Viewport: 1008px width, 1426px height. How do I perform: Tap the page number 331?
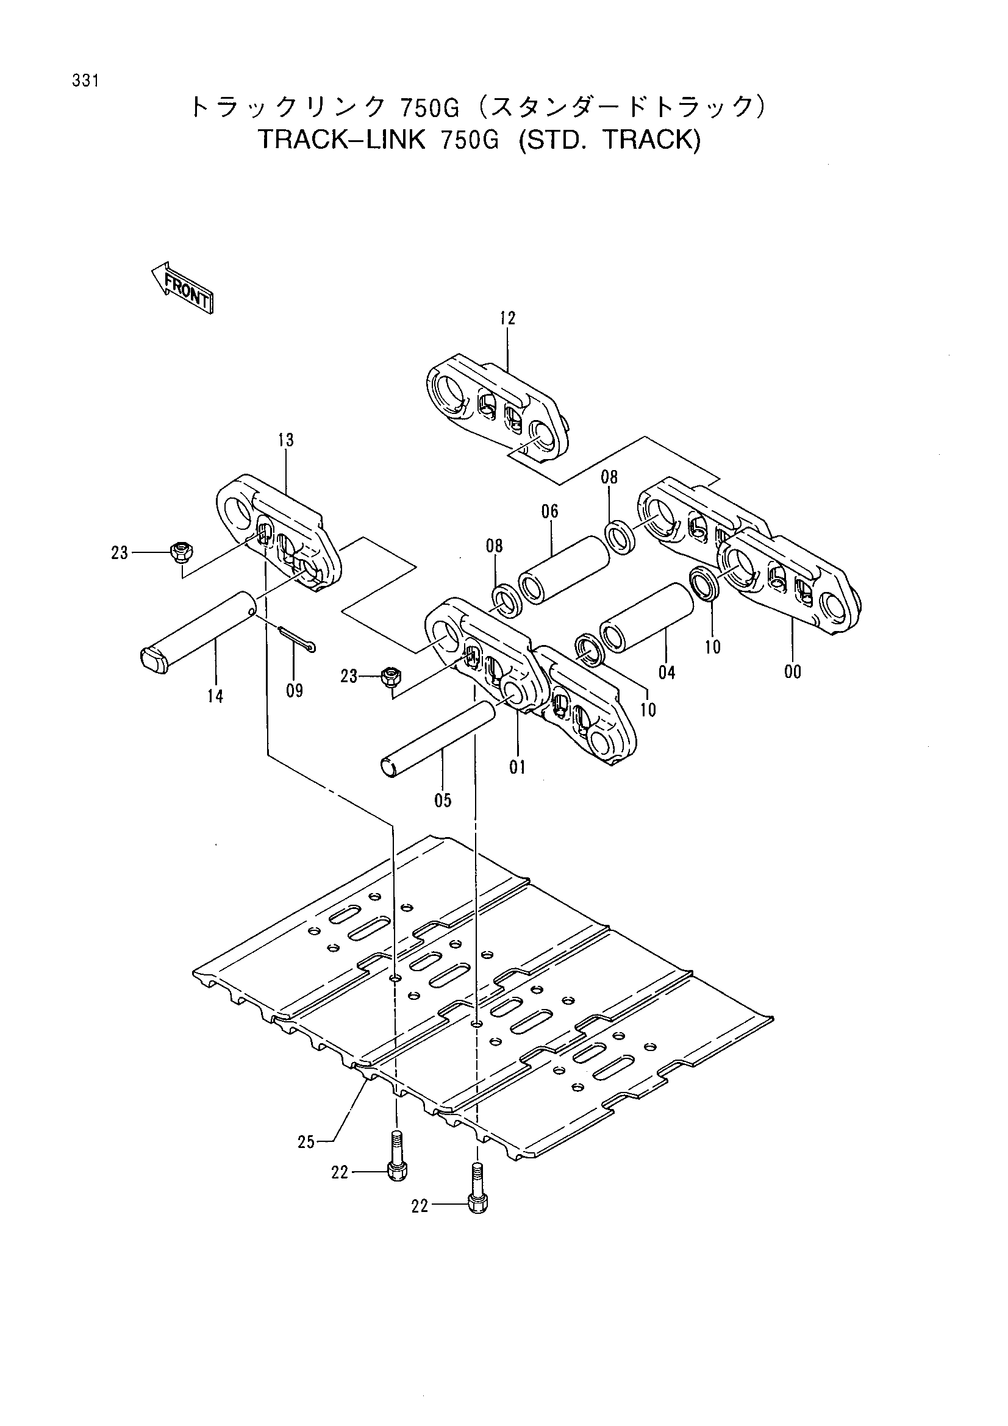click(86, 81)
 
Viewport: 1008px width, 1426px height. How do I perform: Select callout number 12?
click(507, 319)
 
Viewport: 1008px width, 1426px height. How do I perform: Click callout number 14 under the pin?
click(215, 697)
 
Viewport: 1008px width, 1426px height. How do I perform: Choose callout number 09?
click(295, 691)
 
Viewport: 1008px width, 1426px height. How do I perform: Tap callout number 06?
click(549, 512)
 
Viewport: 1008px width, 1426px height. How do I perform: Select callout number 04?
click(667, 672)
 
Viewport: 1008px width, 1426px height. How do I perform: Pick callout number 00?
click(793, 672)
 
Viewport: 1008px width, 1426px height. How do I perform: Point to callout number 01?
click(517, 768)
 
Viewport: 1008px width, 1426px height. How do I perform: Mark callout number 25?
click(306, 1142)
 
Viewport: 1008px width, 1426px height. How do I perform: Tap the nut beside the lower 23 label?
click(391, 675)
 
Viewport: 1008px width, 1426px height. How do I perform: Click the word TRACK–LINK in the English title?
click(341, 140)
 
